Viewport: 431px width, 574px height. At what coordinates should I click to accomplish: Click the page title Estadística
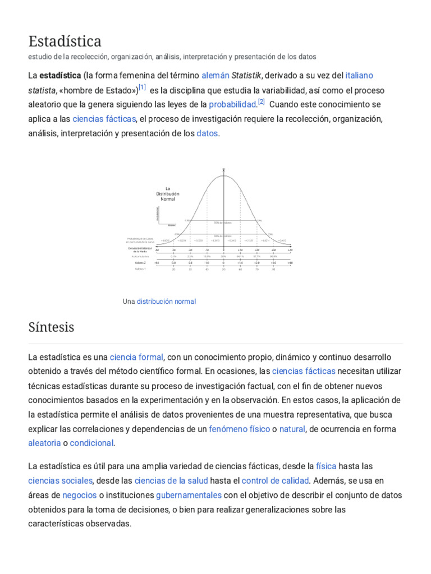click(x=65, y=41)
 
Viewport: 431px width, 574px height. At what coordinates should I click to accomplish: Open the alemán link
click(x=215, y=75)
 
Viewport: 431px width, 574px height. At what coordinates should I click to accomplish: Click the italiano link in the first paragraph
click(x=359, y=75)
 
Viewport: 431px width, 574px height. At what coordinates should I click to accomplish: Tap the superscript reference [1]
click(x=143, y=87)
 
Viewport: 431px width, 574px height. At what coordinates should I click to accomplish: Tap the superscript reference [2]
click(x=261, y=102)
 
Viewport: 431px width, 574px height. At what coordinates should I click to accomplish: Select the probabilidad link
click(x=232, y=104)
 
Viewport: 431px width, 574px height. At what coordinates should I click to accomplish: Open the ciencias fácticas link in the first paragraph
click(x=104, y=119)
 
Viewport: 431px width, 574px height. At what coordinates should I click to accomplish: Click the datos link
click(x=207, y=133)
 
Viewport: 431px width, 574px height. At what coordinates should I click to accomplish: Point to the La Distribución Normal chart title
click(x=167, y=194)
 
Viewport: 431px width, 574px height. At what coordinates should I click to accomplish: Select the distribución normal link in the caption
click(x=166, y=302)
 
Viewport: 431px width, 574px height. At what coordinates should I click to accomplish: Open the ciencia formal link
click(x=136, y=357)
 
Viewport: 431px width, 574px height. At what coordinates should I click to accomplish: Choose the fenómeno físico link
click(x=240, y=429)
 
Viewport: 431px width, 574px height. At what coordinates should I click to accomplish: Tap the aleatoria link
click(x=44, y=443)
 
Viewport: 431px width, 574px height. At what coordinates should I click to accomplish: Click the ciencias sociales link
click(x=60, y=480)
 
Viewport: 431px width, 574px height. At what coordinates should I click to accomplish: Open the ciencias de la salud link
click(x=171, y=480)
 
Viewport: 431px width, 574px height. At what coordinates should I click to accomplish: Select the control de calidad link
click(x=275, y=480)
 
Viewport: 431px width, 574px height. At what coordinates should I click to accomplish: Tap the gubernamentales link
click(x=189, y=495)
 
